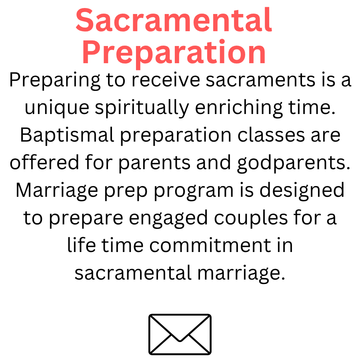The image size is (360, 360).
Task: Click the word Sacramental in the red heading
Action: pyautogui.click(x=174, y=20)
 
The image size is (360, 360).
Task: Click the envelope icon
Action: pyautogui.click(x=180, y=334)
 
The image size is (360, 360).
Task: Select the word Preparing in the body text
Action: pyautogui.click(x=55, y=81)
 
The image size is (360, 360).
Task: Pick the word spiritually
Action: pyautogui.click(x=142, y=108)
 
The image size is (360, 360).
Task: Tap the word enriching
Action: pyautogui.click(x=239, y=108)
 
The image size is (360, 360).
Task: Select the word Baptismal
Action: pyautogui.click(x=67, y=135)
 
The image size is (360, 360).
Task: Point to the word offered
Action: pyautogui.click(x=44, y=162)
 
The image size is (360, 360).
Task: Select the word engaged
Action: pyautogui.click(x=168, y=218)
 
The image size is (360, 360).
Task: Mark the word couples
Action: pyautogui.click(x=251, y=218)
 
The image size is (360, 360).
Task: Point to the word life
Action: pyautogui.click(x=81, y=245)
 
